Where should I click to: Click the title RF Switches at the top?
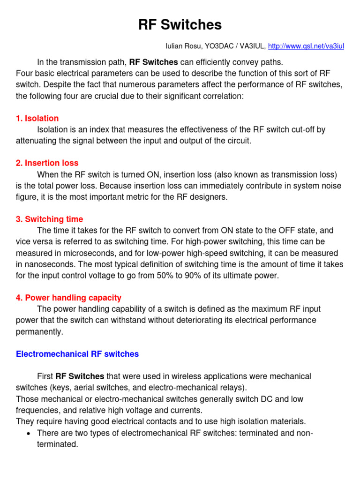click(180, 24)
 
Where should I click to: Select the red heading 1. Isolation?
click(37, 118)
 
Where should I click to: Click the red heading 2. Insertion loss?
click(47, 163)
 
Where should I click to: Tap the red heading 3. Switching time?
click(49, 219)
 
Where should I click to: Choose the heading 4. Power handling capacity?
click(68, 298)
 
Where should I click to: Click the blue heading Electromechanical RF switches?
click(77, 354)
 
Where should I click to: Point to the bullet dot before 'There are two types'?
click(29, 433)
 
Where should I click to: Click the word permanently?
click(39, 331)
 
